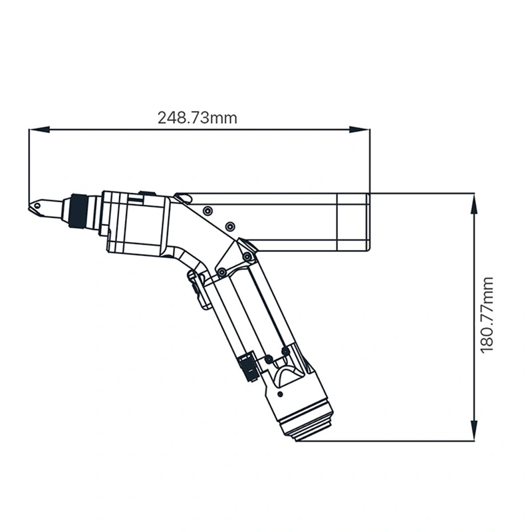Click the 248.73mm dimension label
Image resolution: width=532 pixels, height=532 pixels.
coord(197,118)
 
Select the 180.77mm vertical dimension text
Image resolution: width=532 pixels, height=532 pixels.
coord(487,315)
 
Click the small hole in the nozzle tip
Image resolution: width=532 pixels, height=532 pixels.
coord(39,207)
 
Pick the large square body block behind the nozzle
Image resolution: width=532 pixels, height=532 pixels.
coord(136,223)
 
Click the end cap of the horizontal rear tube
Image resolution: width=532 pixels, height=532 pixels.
coord(354,222)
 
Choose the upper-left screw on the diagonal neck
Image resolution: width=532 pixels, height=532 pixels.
coord(207,210)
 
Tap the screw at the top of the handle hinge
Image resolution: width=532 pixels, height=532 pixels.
coord(247,256)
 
